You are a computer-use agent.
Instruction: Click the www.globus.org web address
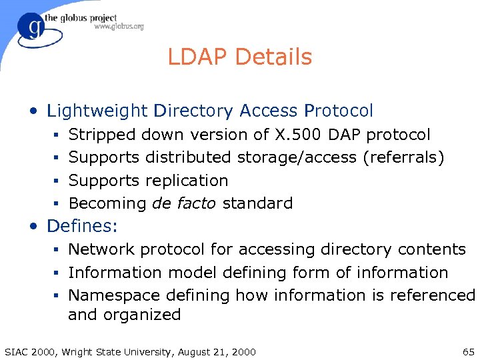[119, 27]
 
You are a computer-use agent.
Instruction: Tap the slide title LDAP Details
[239, 57]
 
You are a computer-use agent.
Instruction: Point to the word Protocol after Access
[338, 111]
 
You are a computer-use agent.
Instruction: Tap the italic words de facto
[184, 203]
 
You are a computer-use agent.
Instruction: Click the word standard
[257, 203]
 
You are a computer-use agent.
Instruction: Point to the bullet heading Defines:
[82, 226]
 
